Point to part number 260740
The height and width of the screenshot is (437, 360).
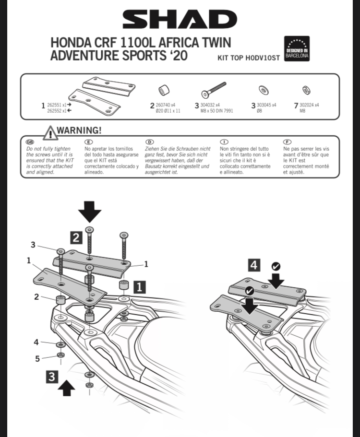[163, 105]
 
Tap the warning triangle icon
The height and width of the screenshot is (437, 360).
[50, 132]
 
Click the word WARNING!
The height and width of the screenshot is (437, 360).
[80, 130]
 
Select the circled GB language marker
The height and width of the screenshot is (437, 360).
[30, 142]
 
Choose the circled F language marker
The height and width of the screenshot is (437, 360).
[288, 142]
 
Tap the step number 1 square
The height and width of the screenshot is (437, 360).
[138, 287]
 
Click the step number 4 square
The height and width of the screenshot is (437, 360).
[254, 264]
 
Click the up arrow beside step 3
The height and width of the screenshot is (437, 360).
[67, 387]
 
